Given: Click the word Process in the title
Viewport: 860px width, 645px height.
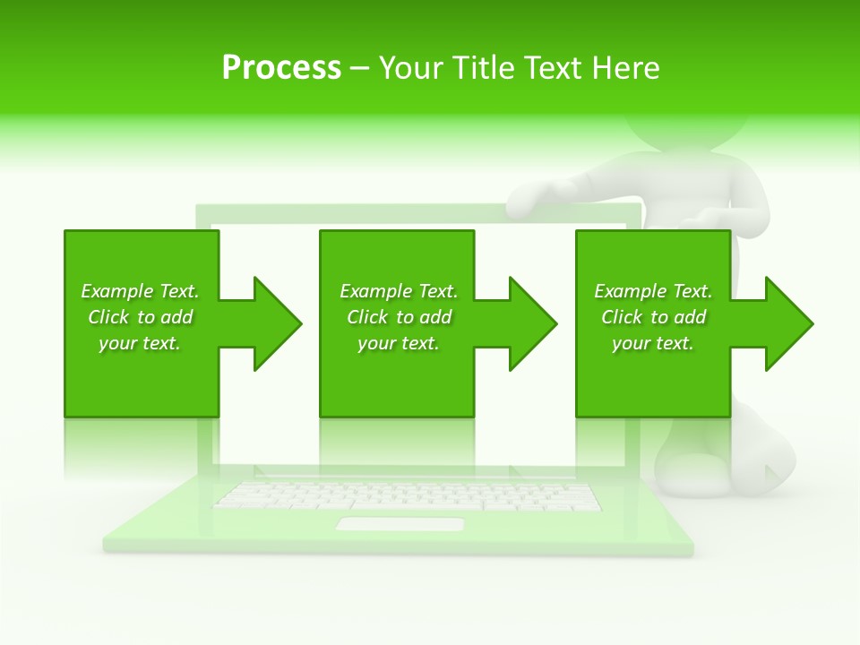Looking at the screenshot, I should click(281, 68).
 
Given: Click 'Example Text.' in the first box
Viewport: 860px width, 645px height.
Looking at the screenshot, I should click(140, 291).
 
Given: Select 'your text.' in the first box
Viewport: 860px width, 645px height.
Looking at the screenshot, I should click(140, 343).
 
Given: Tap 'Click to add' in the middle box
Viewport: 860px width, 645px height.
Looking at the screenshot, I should click(399, 317).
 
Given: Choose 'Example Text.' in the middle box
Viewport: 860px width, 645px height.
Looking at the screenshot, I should click(399, 291).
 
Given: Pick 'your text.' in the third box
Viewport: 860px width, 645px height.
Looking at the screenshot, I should click(653, 343).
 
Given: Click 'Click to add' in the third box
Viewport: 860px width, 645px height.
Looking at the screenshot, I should click(653, 317).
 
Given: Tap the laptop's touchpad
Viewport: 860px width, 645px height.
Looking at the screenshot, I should click(400, 523).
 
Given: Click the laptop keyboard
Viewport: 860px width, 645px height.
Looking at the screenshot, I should click(408, 495).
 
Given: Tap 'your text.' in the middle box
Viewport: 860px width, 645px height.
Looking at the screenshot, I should click(399, 343).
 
